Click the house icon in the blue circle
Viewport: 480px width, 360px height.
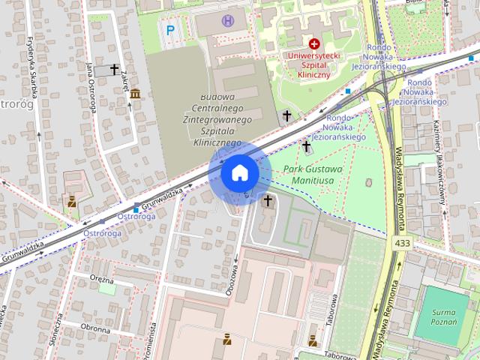tap(239, 172)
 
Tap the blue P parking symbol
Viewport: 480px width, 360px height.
tap(170, 30)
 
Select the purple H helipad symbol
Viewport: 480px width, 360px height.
tap(229, 21)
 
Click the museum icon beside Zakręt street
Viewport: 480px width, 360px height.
tap(135, 94)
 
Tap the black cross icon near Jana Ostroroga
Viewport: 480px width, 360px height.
tap(114, 69)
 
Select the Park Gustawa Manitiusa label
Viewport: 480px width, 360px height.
tap(313, 175)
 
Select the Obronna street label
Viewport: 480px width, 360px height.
tap(96, 328)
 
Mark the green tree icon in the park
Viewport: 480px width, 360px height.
tap(367, 182)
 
